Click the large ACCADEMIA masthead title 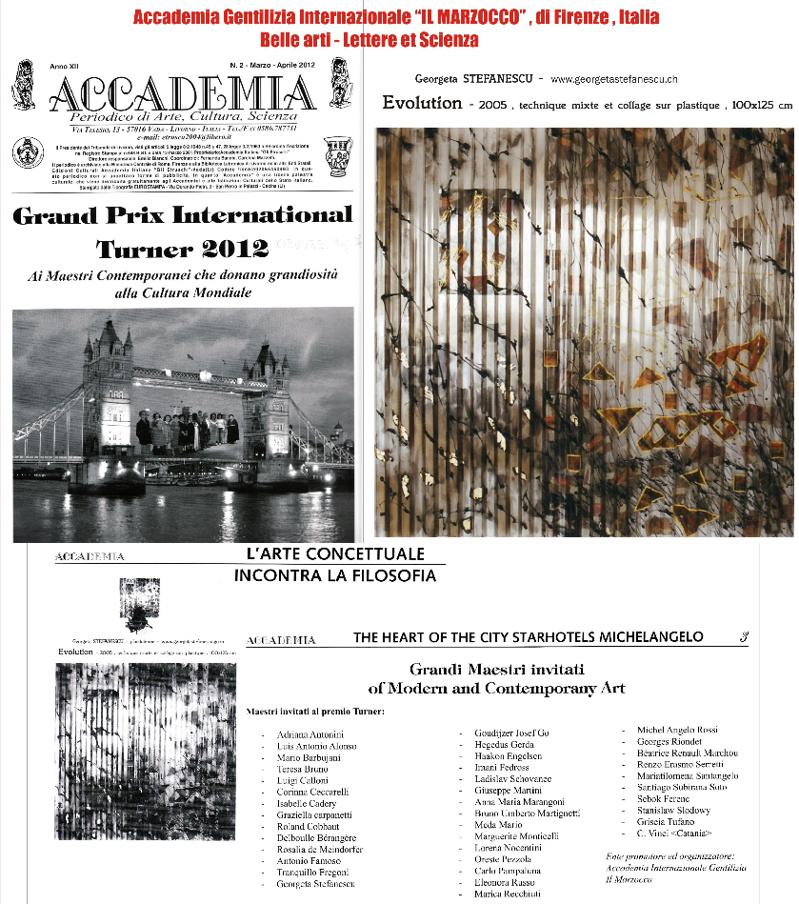coord(181,94)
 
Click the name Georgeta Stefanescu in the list coord(315,885)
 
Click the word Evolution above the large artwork coord(422,103)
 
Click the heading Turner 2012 coord(182,250)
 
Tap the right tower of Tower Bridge coord(266,381)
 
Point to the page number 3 coord(743,636)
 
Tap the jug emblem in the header coord(336,154)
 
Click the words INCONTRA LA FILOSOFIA coord(334,575)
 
